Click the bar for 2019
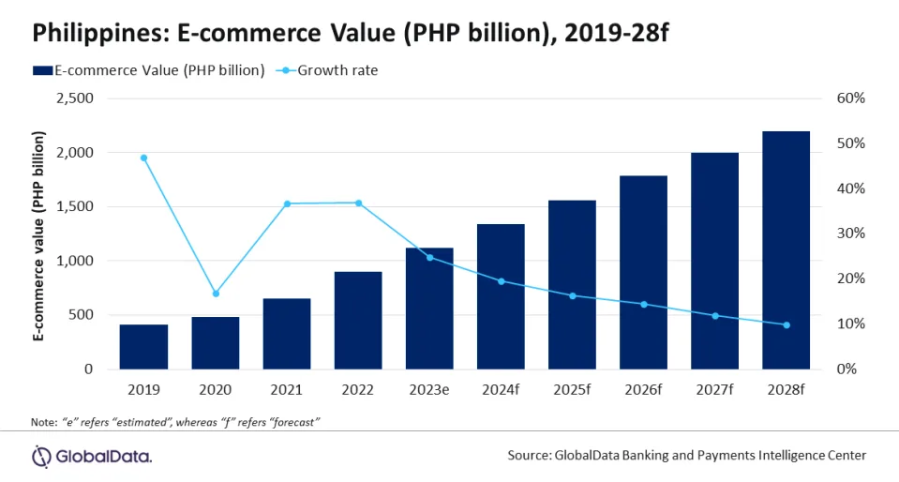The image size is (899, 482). (x=143, y=346)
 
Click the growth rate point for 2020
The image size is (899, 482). (x=216, y=294)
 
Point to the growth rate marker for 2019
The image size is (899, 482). (x=143, y=158)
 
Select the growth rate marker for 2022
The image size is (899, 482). (x=358, y=203)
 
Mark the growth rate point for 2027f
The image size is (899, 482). (x=715, y=315)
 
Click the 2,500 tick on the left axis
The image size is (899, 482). (x=74, y=98)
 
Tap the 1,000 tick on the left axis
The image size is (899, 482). (x=74, y=261)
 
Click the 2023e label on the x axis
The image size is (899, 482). (x=429, y=388)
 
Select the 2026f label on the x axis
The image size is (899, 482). (x=643, y=388)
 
